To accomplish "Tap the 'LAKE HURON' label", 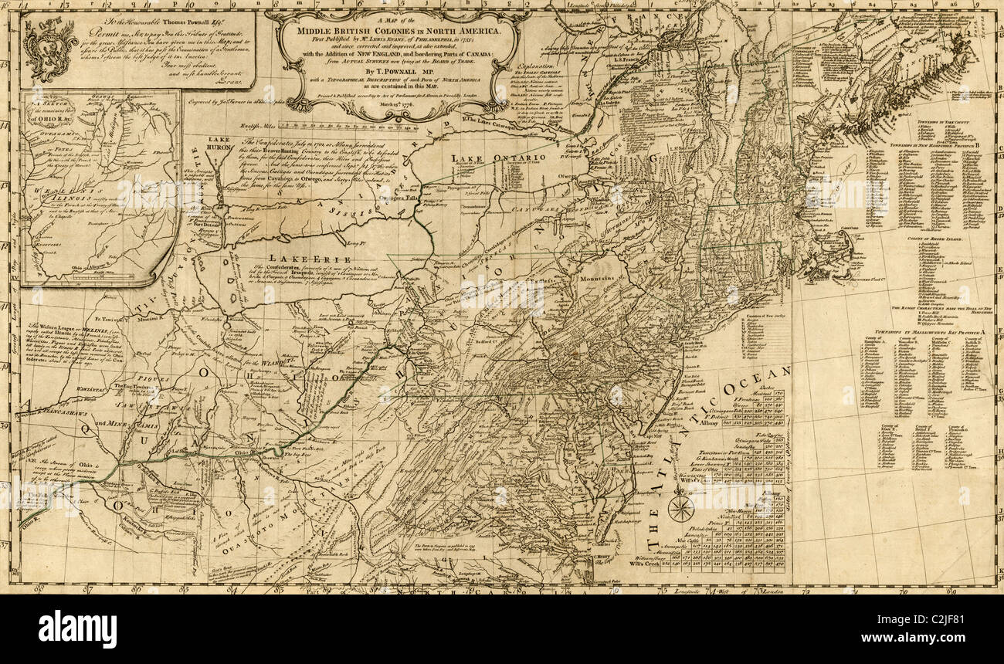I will click(x=220, y=144).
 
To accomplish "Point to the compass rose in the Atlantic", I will click(x=680, y=507).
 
